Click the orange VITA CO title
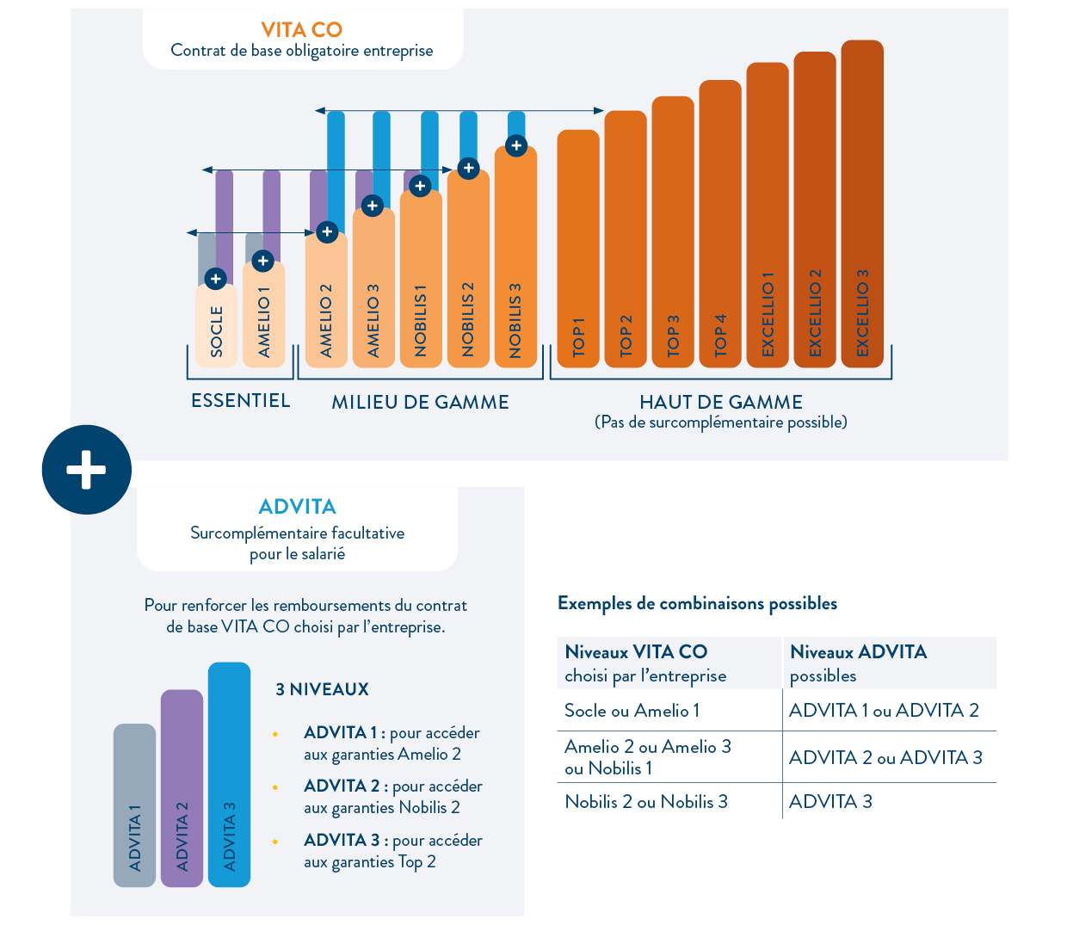point(301,30)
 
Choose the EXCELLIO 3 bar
point(862,207)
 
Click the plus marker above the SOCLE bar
point(216,279)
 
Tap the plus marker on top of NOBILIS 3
point(516,145)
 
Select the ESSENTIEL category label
point(241,401)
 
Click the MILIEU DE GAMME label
point(420,403)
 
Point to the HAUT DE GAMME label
point(721,402)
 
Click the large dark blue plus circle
point(87,470)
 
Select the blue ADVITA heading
point(298,507)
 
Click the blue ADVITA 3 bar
point(229,774)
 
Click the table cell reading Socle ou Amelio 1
point(632,711)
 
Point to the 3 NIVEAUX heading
point(322,689)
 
